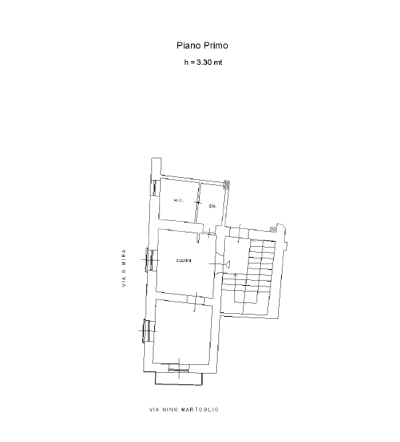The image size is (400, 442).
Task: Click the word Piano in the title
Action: pyautogui.click(x=187, y=45)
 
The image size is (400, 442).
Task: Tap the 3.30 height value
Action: pyautogui.click(x=204, y=63)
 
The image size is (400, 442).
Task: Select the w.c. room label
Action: pyautogui.click(x=179, y=200)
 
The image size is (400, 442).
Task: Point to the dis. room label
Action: pyautogui.click(x=213, y=206)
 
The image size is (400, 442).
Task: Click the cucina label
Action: pyautogui.click(x=184, y=260)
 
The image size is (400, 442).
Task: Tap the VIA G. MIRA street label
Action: pyautogui.click(x=124, y=268)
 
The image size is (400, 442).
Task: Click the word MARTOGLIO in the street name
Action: pyautogui.click(x=200, y=410)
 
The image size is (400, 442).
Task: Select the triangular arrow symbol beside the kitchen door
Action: pyautogui.click(x=228, y=264)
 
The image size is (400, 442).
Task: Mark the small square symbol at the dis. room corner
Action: pyautogui.click(x=227, y=184)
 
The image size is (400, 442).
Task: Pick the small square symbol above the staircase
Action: pyautogui.click(x=273, y=230)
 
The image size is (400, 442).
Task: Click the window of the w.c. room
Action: pyautogui.click(x=154, y=188)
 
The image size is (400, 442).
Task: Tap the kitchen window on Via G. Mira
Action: pyautogui.click(x=150, y=260)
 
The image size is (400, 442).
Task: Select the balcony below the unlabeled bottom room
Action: pyautogui.click(x=179, y=379)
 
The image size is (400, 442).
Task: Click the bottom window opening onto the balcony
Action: pyautogui.click(x=179, y=370)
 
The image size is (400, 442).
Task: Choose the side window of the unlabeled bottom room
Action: pyautogui.click(x=147, y=330)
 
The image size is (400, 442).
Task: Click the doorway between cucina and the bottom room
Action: pyautogui.click(x=195, y=300)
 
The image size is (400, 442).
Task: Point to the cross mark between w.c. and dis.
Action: pyautogui.click(x=198, y=202)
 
